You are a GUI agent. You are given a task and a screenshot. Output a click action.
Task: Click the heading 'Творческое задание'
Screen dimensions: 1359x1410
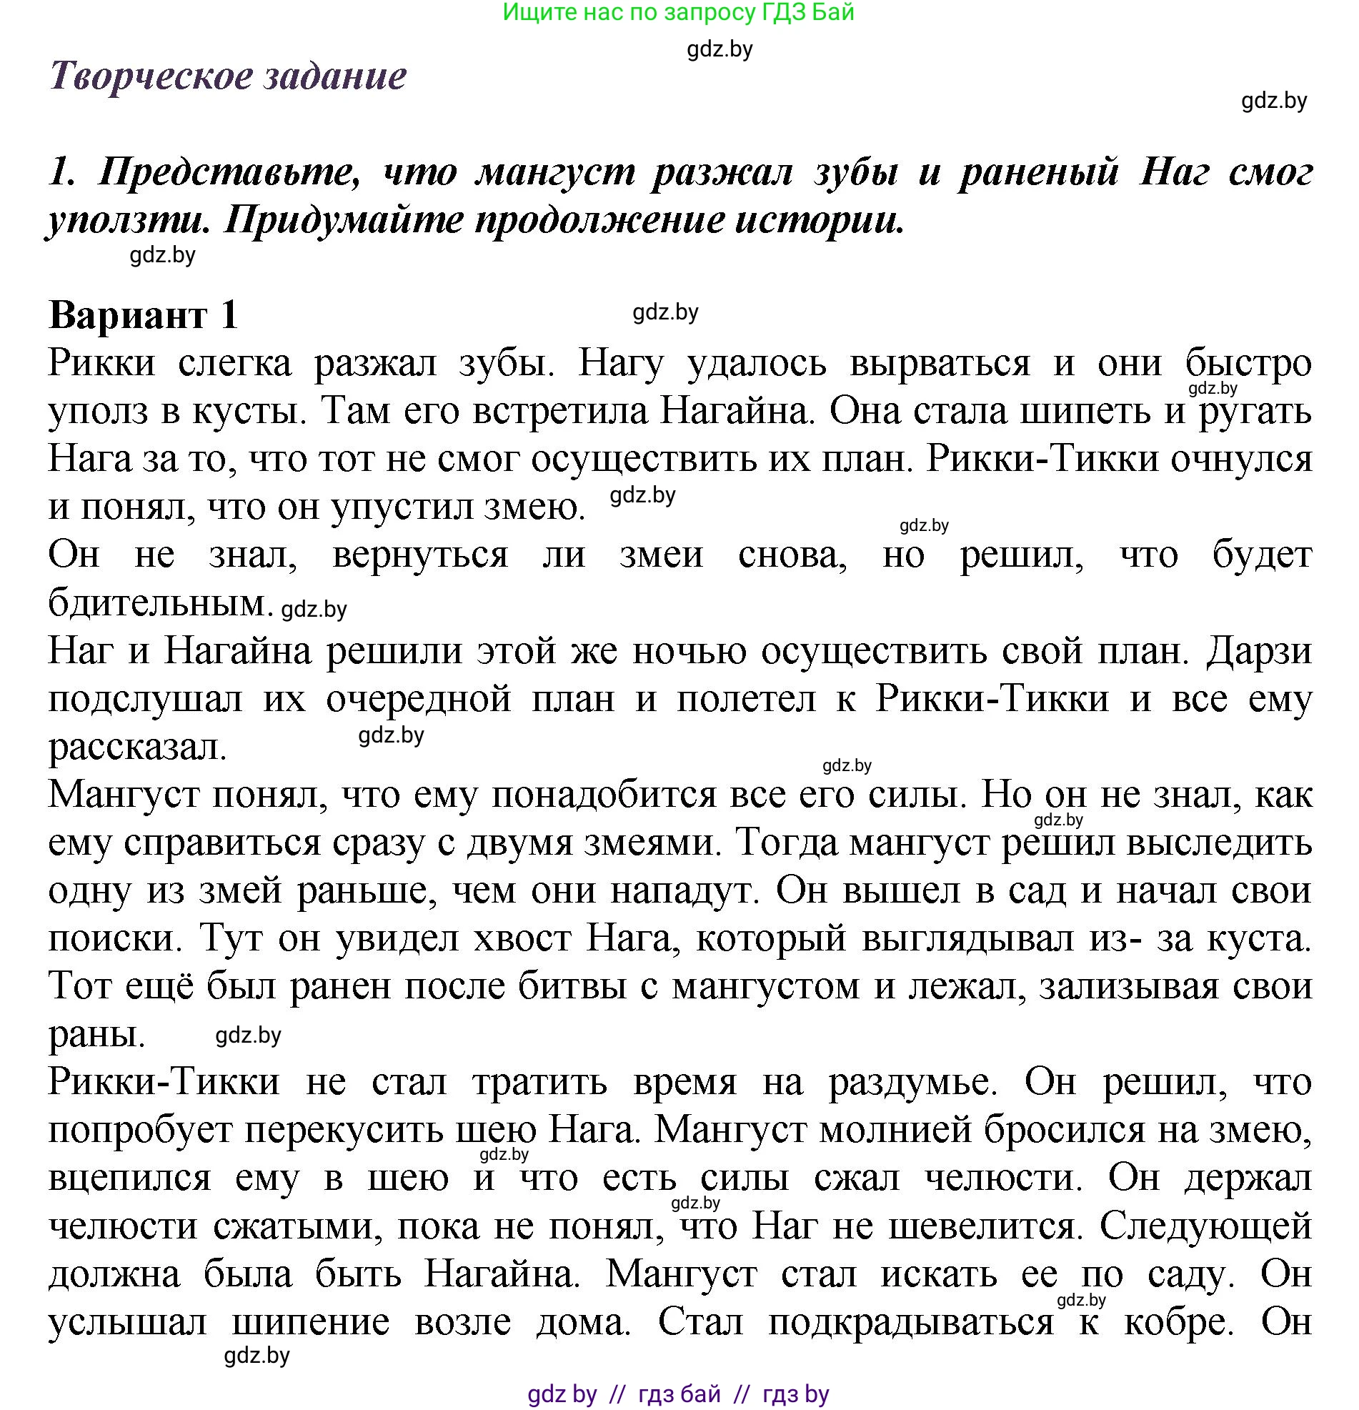click(x=228, y=76)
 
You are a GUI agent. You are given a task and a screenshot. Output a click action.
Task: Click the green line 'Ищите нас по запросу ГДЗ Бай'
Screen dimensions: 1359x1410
click(x=677, y=12)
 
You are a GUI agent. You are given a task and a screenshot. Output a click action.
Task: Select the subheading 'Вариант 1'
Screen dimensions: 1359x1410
click(x=143, y=315)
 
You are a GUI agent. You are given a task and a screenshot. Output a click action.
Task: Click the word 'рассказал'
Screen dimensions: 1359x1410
click(x=137, y=748)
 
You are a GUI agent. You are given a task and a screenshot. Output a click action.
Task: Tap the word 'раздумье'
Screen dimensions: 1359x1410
click(x=912, y=1083)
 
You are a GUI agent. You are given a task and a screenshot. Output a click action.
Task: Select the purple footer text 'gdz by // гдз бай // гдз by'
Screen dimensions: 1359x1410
click(x=677, y=1394)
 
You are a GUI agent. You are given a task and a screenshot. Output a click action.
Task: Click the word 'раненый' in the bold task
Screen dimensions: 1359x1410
click(x=1038, y=172)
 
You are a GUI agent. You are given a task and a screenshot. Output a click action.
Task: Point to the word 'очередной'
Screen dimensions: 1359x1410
click(x=418, y=699)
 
